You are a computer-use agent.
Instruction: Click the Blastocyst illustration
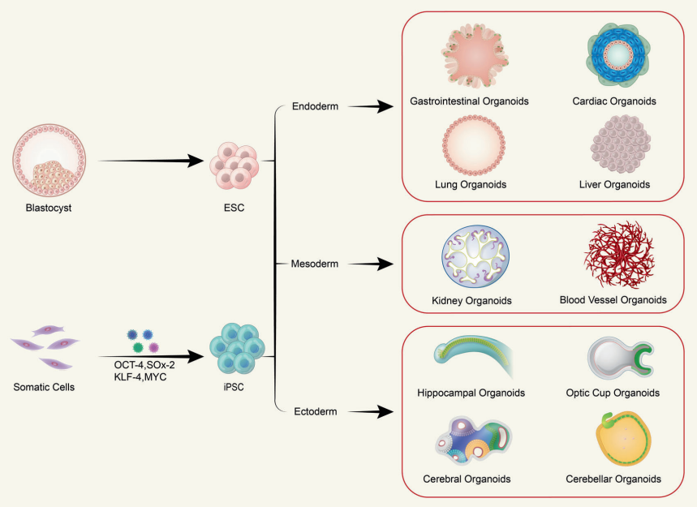(x=50, y=158)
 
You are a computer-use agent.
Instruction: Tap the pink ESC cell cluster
(x=235, y=164)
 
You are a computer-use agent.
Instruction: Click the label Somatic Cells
(x=45, y=387)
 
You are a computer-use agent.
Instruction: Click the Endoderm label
(x=316, y=106)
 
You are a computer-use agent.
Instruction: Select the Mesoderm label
(x=316, y=264)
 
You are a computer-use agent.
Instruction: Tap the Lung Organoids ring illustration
(x=470, y=144)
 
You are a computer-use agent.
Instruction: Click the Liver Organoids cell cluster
(x=620, y=145)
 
